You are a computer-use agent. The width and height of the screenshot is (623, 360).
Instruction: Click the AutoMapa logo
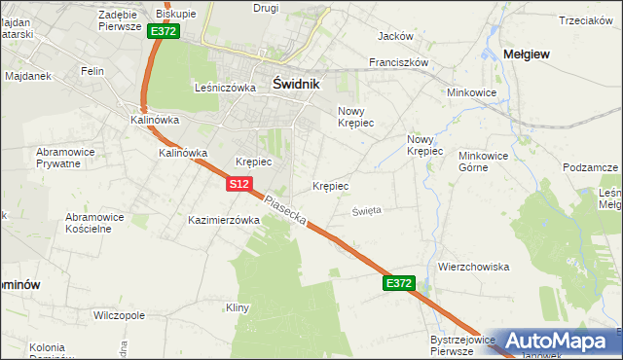click(560, 341)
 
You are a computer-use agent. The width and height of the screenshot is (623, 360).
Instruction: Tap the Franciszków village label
click(398, 61)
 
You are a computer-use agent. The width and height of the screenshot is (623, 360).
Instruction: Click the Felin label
click(92, 71)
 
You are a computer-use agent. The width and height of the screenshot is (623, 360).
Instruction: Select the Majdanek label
click(27, 75)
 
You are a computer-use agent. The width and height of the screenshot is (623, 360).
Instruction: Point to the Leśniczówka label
click(225, 87)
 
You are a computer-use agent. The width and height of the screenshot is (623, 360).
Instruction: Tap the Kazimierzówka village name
click(224, 220)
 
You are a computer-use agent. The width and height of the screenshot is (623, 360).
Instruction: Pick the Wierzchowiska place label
click(474, 266)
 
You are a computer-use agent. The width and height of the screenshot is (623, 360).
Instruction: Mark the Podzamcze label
click(591, 167)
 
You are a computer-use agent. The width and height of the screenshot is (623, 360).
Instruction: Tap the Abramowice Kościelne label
click(102, 223)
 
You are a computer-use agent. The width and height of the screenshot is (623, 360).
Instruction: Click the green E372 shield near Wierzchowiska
click(399, 283)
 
